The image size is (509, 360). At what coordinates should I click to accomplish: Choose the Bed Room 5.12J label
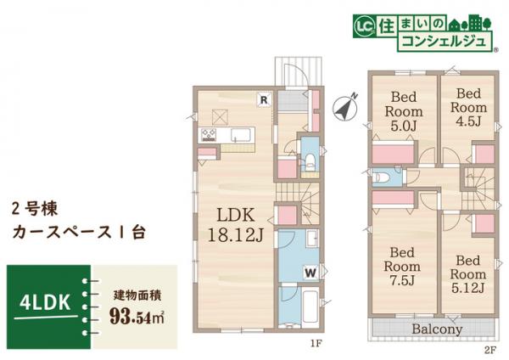click(x=467, y=273)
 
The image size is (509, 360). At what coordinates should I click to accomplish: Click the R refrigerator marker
click(x=265, y=99)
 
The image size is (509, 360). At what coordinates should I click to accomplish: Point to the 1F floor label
click(x=316, y=345)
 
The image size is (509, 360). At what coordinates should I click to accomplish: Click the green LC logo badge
click(x=359, y=26)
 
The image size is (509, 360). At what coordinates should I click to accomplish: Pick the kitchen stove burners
click(x=209, y=134)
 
